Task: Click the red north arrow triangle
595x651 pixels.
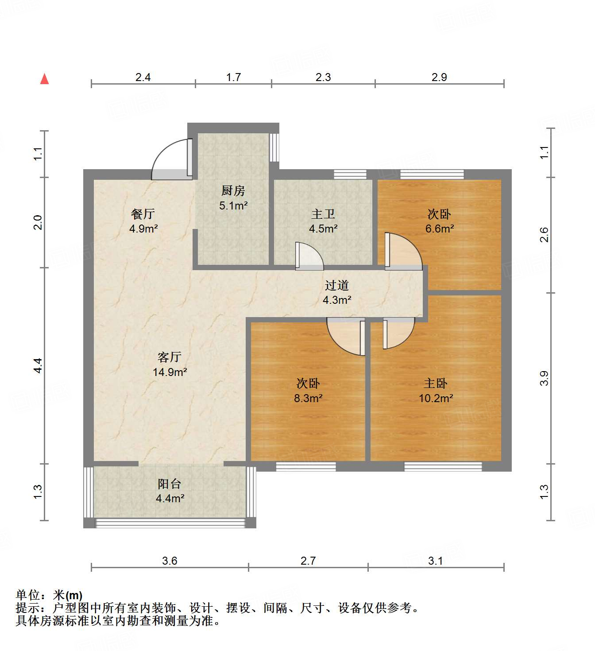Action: (x=44, y=79)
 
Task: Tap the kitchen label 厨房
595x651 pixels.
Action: (x=233, y=191)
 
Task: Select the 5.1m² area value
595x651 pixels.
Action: (x=233, y=205)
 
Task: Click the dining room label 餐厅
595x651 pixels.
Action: (x=143, y=214)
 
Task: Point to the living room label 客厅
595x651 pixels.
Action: (x=170, y=357)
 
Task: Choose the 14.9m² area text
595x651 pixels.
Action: (x=170, y=372)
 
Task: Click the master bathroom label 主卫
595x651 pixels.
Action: (x=323, y=214)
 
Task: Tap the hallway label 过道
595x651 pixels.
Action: (x=336, y=286)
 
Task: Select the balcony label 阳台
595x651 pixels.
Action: (x=170, y=484)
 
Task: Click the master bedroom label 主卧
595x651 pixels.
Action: (x=436, y=383)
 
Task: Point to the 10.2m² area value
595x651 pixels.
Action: (x=436, y=398)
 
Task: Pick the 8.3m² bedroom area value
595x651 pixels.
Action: (x=308, y=398)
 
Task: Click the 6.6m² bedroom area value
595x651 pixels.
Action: (x=439, y=229)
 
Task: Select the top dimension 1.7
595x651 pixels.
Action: (x=233, y=77)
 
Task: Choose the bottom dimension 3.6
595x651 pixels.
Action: (x=170, y=561)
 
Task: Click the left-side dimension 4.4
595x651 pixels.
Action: (x=38, y=365)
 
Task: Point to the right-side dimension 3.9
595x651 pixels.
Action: (x=544, y=378)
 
